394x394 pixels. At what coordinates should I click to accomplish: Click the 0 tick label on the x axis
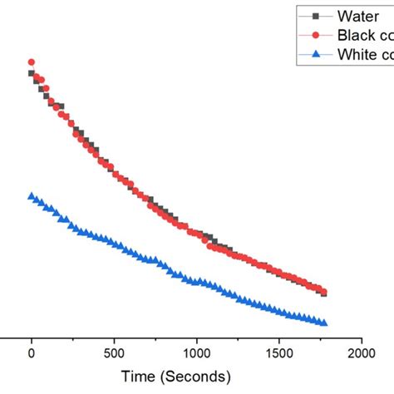pos(32,352)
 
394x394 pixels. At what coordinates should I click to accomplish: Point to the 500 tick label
pos(114,352)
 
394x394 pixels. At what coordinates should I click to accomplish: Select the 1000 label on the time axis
pos(196,352)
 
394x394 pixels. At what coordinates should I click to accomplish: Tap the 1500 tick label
pos(278,352)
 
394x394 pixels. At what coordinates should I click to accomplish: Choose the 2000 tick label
pos(361,352)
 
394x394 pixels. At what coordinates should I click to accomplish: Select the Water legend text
pos(357,16)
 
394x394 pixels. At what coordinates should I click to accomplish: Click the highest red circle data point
pos(32,62)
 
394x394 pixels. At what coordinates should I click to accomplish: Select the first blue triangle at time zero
pos(32,196)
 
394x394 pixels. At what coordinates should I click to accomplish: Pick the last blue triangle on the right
pos(323,323)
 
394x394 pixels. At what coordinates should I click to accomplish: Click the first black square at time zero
pos(32,73)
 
